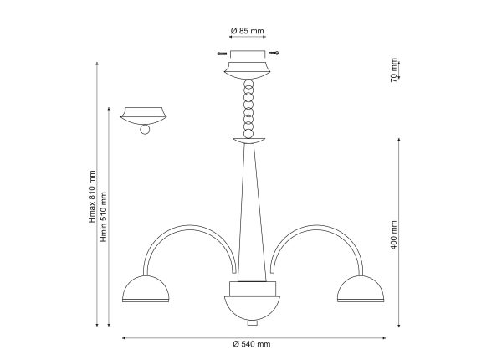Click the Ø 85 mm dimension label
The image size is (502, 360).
tap(247, 31)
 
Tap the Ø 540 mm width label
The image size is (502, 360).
tap(252, 344)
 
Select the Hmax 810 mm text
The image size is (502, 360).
tap(92, 197)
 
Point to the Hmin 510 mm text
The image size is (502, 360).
tap(104, 217)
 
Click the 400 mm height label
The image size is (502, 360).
tap(394, 234)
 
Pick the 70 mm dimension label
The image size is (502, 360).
tap(394, 70)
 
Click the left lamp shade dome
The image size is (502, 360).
tap(146, 289)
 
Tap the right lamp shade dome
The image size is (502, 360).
tap(361, 289)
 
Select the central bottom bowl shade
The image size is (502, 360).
tap(252, 308)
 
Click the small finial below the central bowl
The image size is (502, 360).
tap(253, 323)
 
